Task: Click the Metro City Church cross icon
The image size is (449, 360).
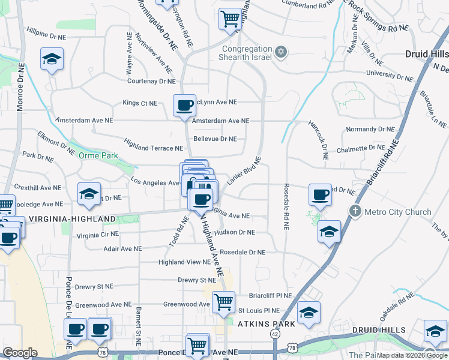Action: [x=355, y=211]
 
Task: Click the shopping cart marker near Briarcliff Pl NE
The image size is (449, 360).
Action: [x=224, y=302]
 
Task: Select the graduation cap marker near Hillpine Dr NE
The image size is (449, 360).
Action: [x=52, y=59]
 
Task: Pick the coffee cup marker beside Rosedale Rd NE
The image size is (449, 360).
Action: [x=320, y=194]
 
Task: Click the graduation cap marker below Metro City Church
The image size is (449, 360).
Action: [x=329, y=231]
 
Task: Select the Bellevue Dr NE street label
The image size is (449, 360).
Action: [x=215, y=139]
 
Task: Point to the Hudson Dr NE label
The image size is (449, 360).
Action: [x=234, y=232]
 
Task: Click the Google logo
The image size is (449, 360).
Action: [x=20, y=353]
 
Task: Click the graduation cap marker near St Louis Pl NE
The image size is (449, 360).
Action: [x=309, y=312]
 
